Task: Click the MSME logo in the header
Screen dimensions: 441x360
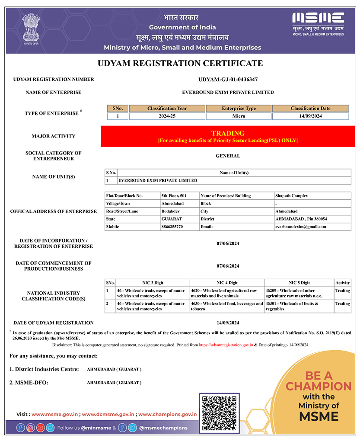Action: coord(318,24)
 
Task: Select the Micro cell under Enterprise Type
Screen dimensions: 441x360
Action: coord(239,116)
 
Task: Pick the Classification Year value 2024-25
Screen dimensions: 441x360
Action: coord(167,116)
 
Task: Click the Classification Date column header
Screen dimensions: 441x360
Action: coord(310,108)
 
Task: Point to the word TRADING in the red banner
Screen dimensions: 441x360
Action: coord(228,133)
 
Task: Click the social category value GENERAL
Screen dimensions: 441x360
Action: coord(228,156)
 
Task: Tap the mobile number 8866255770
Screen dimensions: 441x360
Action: coord(172,227)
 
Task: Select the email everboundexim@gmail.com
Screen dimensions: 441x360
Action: coord(300,227)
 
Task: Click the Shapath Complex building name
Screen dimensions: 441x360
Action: coord(291,196)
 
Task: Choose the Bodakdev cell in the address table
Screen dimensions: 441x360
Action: coord(171,211)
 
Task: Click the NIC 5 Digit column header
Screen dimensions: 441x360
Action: coord(299,283)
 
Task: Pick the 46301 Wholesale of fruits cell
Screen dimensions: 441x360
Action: coord(299,306)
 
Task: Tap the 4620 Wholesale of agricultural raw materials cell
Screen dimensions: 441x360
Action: coord(227,293)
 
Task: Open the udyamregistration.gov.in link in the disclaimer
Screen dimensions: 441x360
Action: coord(226,345)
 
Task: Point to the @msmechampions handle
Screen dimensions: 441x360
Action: coord(163,428)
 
